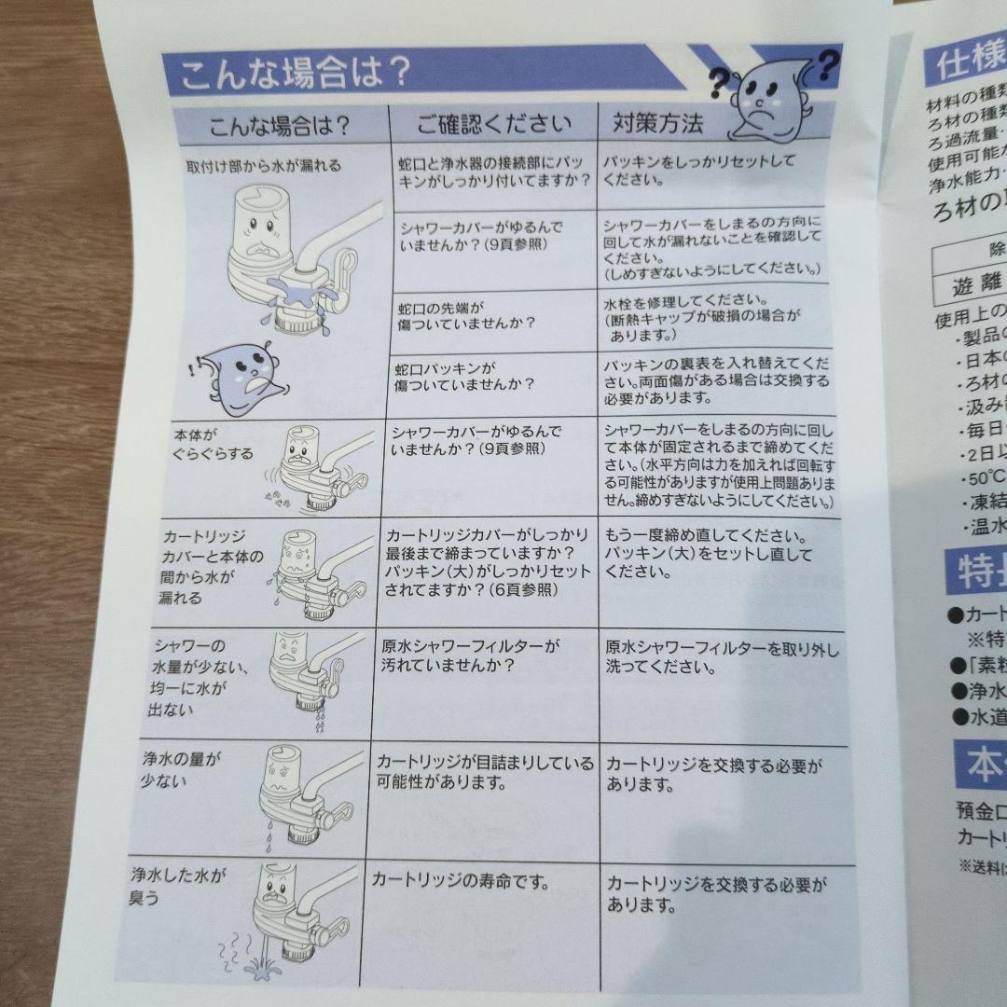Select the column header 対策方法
(x=658, y=121)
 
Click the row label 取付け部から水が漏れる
(x=263, y=166)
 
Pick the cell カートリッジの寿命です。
(x=460, y=878)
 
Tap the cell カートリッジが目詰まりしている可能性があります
(x=483, y=772)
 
